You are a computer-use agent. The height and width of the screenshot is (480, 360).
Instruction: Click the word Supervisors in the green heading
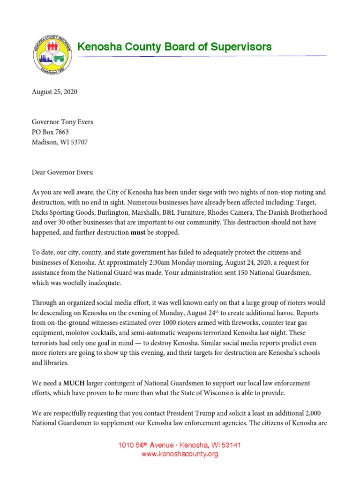click(242, 47)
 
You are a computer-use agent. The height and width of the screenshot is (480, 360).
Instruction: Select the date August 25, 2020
click(54, 92)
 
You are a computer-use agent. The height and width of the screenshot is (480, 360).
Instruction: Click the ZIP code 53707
click(78, 142)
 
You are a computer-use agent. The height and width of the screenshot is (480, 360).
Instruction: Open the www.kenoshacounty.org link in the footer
click(180, 454)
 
